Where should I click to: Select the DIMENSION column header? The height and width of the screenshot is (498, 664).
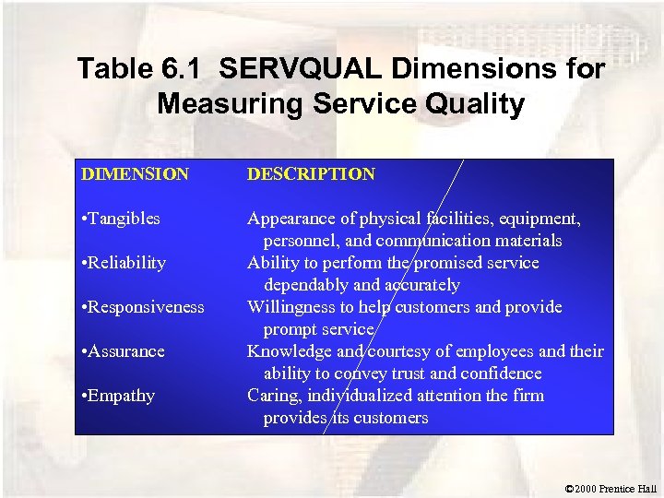(x=135, y=174)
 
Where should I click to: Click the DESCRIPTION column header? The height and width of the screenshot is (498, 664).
(x=311, y=174)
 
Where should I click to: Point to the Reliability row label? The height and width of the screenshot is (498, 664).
(x=124, y=263)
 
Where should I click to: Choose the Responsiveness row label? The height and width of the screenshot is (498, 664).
(x=143, y=307)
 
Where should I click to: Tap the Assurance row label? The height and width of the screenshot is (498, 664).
(x=123, y=351)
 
